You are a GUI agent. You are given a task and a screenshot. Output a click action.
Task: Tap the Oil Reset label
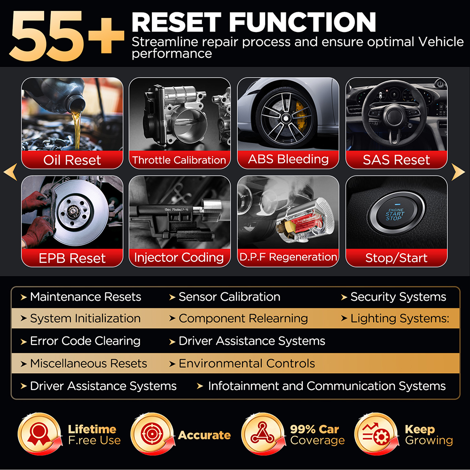point(72,160)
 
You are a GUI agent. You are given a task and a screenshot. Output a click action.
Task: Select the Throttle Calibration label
point(179,160)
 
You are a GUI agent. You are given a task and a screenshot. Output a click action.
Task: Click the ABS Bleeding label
point(288,159)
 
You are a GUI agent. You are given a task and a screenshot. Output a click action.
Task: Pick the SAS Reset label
point(396,160)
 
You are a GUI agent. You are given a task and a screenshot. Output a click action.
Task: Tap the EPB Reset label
point(72,258)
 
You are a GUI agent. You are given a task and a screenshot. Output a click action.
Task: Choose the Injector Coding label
point(179,258)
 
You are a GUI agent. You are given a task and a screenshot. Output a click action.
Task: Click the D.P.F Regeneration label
point(288,257)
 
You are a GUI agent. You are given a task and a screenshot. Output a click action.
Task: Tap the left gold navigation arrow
point(11,172)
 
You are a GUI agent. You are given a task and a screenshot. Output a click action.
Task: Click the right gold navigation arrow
point(458,172)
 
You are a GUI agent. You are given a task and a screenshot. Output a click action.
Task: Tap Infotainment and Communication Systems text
point(327,386)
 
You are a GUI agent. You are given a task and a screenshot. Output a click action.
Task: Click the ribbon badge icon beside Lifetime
point(39,434)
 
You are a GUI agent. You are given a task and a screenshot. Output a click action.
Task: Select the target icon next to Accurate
point(152,434)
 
